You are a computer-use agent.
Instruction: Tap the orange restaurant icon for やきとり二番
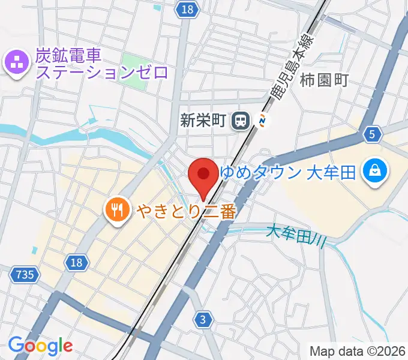pyautogui.click(x=115, y=209)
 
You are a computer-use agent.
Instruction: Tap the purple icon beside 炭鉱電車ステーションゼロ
pyautogui.click(x=16, y=63)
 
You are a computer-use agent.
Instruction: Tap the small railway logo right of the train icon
pyautogui.click(x=262, y=121)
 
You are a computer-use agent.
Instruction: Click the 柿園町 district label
pyautogui.click(x=324, y=79)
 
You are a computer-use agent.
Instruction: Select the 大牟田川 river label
pyautogui.click(x=296, y=235)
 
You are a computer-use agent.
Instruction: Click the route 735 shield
pyautogui.click(x=24, y=275)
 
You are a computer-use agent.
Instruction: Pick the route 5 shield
pyautogui.click(x=372, y=135)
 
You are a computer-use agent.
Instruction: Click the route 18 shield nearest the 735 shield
pyautogui.click(x=76, y=262)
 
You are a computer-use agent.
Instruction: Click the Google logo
pyautogui.click(x=40, y=345)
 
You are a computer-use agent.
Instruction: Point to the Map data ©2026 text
pyautogui.click(x=358, y=351)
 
